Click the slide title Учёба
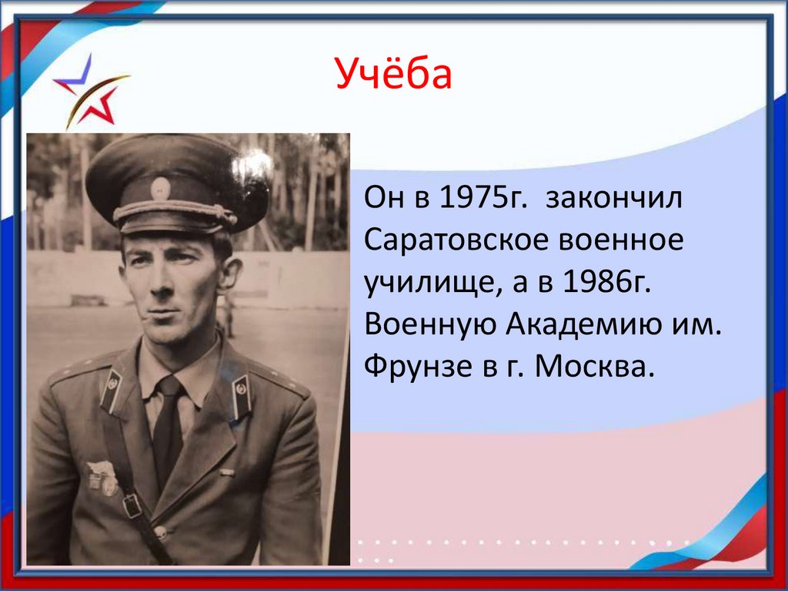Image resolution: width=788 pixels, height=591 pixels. (393, 78)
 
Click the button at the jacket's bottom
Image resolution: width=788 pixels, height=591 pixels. (160, 532)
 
